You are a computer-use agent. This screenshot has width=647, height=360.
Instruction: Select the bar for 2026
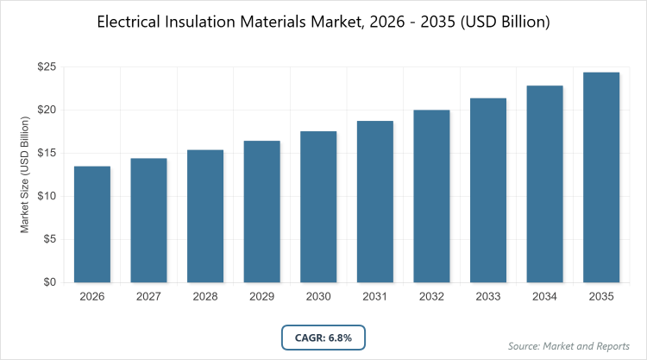[x=91, y=224]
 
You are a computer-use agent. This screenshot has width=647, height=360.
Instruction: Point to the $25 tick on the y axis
[x=47, y=66]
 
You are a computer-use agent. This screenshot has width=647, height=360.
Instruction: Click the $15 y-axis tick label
[x=47, y=153]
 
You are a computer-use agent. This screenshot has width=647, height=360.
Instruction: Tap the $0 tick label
[x=50, y=282]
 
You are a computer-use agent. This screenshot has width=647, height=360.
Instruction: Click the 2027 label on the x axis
[x=148, y=297]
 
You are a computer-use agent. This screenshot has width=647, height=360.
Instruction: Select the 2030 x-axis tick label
[x=318, y=297]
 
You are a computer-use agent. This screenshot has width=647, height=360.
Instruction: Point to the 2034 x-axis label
[x=545, y=297]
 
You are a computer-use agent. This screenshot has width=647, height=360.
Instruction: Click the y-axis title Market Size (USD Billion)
[x=26, y=175]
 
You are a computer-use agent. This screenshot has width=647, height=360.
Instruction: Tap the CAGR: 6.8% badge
[x=323, y=336]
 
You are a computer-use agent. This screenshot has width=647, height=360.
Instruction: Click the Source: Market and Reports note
[x=569, y=346]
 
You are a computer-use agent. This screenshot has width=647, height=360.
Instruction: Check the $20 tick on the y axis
[x=47, y=110]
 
